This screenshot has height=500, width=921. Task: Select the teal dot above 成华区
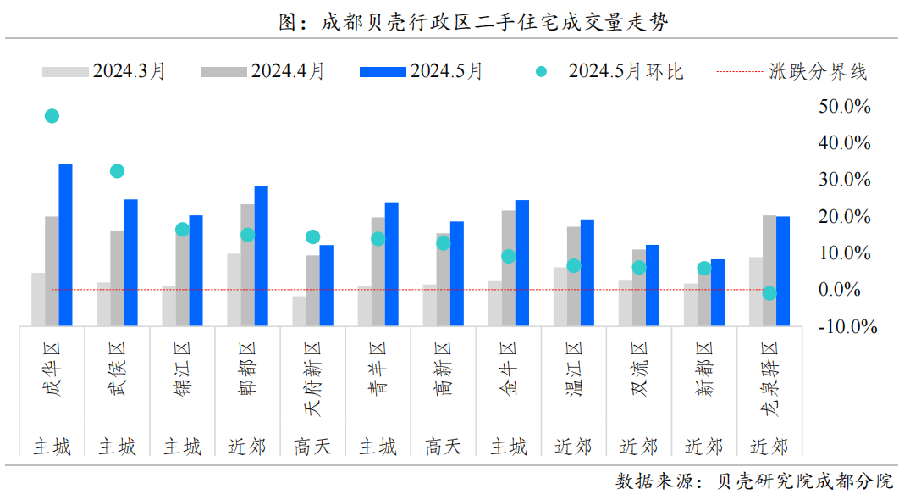(52, 116)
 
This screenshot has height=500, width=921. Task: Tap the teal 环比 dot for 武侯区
(117, 171)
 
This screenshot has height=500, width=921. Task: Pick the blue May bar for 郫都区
(261, 255)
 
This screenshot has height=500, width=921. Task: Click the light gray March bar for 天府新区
(299, 310)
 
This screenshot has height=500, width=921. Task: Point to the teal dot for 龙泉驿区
(769, 293)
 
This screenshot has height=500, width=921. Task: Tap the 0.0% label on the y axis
(843, 290)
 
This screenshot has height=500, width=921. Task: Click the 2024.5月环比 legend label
(626, 71)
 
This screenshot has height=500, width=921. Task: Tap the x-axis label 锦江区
(183, 369)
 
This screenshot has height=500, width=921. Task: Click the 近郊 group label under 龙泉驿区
(769, 447)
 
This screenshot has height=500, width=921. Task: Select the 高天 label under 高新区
(443, 447)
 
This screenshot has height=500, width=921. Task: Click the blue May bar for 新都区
(717, 292)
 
